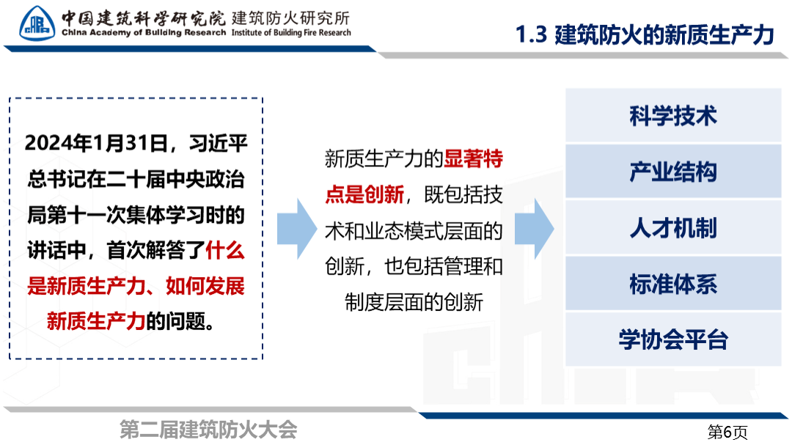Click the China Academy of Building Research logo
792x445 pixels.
[37, 23]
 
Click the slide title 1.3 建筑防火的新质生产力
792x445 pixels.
[645, 35]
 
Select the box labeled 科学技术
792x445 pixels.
[672, 115]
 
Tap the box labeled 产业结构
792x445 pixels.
[672, 172]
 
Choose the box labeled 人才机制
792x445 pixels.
[672, 228]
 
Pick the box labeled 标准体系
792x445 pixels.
[672, 284]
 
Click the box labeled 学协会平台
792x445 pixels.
[672, 339]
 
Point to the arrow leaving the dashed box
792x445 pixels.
[297, 229]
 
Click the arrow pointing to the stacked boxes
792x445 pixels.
[535, 229]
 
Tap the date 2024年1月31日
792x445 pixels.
[96, 144]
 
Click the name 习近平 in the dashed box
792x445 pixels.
[219, 144]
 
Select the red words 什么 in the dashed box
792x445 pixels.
[225, 251]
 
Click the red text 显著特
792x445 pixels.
[473, 158]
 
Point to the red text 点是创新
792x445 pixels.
[364, 194]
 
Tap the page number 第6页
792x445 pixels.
[727, 432]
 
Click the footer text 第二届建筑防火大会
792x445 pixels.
[208, 430]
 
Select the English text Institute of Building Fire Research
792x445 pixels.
[291, 33]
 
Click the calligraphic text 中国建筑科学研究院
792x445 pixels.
[144, 18]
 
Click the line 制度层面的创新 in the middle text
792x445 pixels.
[414, 302]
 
